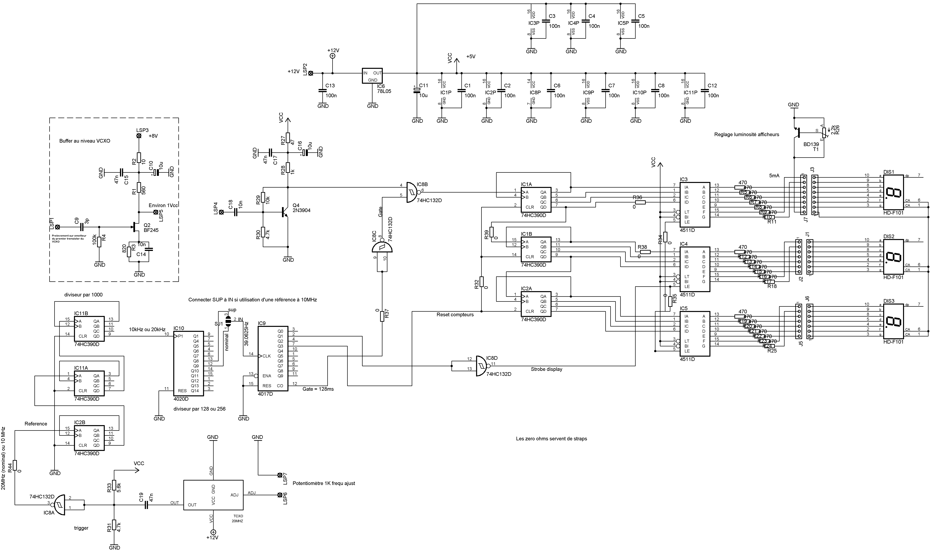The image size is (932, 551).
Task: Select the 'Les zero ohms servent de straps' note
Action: pyautogui.click(x=551, y=439)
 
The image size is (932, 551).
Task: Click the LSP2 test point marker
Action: pyautogui.click(x=311, y=73)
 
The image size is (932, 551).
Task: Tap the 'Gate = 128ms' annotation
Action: pyautogui.click(x=318, y=389)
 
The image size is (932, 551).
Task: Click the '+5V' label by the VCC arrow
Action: pyautogui.click(x=471, y=57)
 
